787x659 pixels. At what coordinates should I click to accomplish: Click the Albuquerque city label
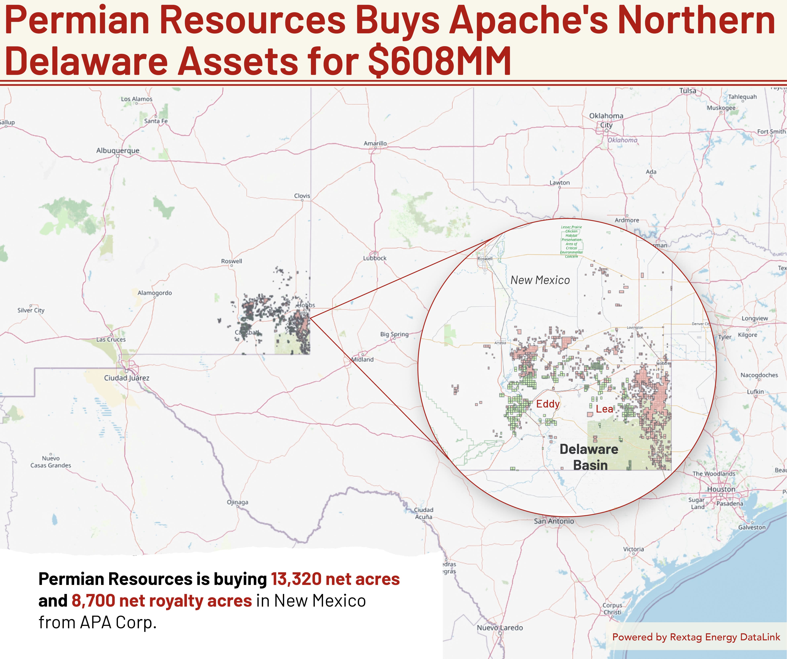118,151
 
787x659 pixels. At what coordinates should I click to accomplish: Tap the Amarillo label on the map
375,143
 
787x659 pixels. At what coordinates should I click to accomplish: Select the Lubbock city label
375,258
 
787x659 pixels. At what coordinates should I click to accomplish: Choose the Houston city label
721,489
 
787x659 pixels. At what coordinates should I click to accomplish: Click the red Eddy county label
548,404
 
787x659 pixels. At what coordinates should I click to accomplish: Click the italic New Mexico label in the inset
540,280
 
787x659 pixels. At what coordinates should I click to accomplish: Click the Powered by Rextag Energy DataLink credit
696,637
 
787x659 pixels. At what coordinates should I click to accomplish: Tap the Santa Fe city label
156,121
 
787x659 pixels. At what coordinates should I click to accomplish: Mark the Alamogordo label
155,293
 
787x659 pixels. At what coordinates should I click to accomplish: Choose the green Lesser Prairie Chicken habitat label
571,241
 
